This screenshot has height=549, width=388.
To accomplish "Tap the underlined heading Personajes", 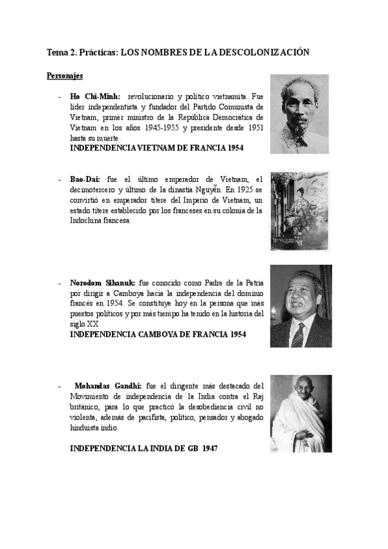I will pos(65,76).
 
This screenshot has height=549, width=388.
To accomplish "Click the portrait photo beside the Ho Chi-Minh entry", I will pos(299,113).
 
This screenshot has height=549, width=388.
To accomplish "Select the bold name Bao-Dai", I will pos(85,179).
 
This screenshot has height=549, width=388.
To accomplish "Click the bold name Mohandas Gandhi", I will pos(109,385).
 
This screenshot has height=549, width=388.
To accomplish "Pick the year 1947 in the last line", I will pos(207,447).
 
